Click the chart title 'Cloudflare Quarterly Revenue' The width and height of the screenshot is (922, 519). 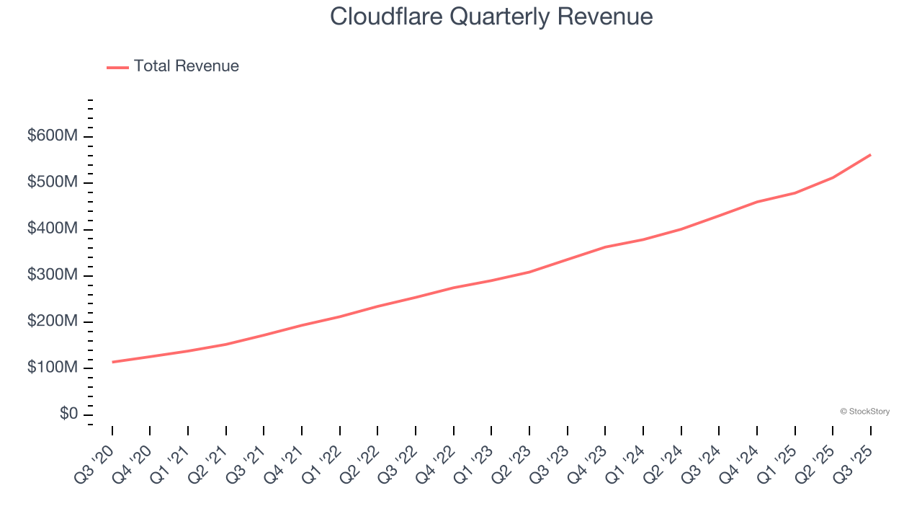(x=491, y=17)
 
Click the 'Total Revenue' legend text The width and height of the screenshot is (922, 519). (x=186, y=66)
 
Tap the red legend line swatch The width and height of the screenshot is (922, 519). (x=117, y=67)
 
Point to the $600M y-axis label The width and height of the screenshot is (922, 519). (x=52, y=136)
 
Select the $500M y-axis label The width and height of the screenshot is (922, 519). (x=52, y=182)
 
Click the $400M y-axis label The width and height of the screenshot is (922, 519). (x=52, y=229)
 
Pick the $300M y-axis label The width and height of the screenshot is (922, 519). (x=52, y=275)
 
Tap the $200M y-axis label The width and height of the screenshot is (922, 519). (x=52, y=321)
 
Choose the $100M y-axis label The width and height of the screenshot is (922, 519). (x=52, y=368)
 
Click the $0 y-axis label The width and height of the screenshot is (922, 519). (x=68, y=414)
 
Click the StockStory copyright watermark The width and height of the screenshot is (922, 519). (x=864, y=412)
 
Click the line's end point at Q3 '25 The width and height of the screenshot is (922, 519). (x=870, y=154)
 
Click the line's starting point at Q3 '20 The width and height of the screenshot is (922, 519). (x=112, y=362)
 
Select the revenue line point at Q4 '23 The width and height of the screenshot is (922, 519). (x=605, y=247)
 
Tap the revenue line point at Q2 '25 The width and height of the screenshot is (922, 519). (x=833, y=177)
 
